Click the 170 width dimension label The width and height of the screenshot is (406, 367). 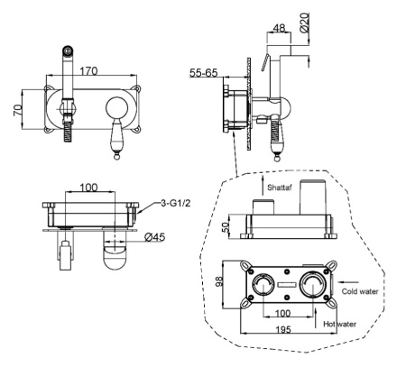89,71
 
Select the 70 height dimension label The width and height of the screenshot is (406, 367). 18,110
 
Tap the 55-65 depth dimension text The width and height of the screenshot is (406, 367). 203,73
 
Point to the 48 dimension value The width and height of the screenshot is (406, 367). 279,28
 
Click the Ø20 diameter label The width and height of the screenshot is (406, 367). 305,23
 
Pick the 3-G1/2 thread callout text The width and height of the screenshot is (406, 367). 176,204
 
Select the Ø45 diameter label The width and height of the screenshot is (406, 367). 155,237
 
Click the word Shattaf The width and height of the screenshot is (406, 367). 280,188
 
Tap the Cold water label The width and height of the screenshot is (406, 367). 360,291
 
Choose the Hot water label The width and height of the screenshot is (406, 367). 339,324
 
